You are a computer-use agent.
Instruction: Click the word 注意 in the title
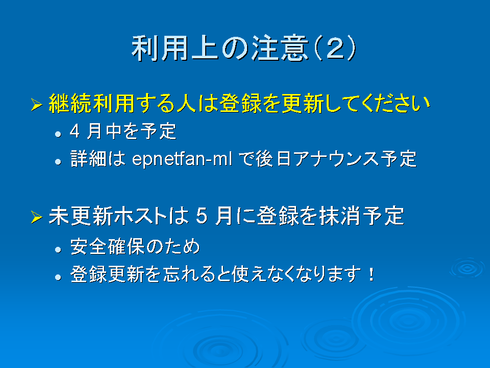(280, 48)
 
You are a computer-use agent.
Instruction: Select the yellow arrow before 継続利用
(37, 104)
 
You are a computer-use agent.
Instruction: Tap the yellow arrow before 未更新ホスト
(37, 217)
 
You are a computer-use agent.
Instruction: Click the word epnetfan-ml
(182, 159)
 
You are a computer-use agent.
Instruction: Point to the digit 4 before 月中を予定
(75, 131)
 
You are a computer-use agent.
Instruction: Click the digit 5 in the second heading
(202, 216)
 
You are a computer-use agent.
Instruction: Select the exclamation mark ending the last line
(371, 274)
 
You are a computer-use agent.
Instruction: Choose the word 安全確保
(107, 246)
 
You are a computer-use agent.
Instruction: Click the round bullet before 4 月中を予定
(58, 134)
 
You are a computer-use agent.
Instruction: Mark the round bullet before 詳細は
(58, 162)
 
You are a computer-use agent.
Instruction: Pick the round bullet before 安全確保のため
(58, 249)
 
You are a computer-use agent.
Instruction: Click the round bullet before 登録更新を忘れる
(58, 277)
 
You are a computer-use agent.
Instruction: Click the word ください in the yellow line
(396, 103)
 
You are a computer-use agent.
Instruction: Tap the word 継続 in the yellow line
(70, 103)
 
